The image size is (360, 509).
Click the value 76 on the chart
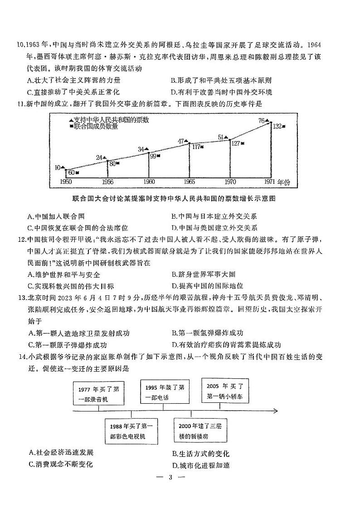click(261, 121)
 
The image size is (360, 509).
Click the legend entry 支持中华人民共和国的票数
click(108, 120)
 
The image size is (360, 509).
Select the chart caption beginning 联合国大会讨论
click(174, 199)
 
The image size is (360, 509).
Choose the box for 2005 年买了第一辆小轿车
click(224, 391)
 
